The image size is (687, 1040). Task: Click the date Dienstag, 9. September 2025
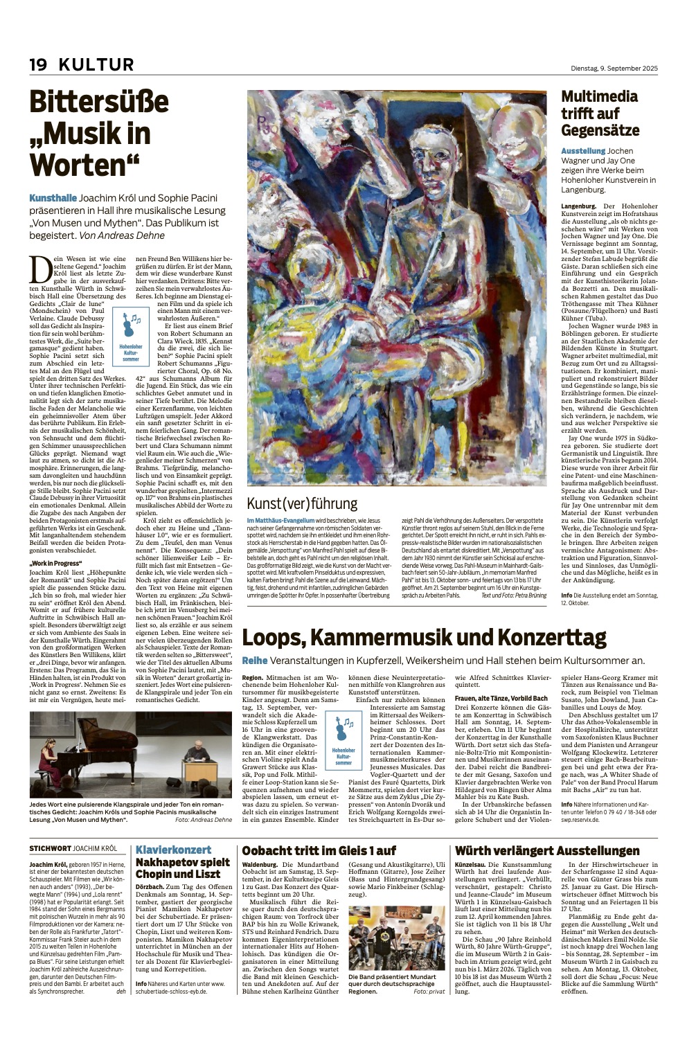coord(609,68)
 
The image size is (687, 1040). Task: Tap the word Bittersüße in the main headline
coord(99,104)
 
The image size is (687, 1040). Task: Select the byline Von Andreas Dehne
coord(122,235)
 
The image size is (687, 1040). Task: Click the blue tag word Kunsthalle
coord(53,197)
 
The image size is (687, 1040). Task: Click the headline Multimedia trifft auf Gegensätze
coord(600,114)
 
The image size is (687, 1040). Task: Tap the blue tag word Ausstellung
coord(583,150)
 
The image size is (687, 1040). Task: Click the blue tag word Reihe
coord(254,661)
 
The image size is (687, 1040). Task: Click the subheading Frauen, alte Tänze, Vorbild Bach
coord(501,698)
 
